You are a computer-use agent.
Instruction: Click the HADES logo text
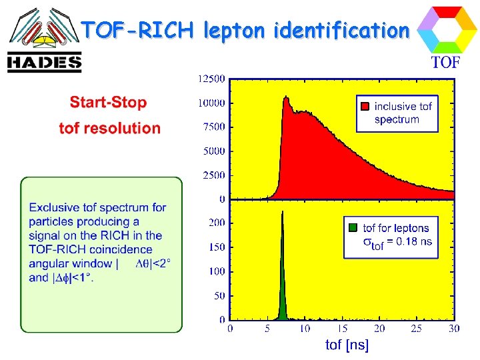coord(44,63)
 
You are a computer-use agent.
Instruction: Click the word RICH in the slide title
coord(165,30)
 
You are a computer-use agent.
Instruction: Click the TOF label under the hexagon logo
coord(445,63)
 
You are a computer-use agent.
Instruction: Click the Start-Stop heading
coord(108,103)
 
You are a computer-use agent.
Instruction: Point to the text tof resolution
coord(109,128)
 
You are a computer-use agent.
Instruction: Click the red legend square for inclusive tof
coord(365,107)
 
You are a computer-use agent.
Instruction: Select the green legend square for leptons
coord(353,228)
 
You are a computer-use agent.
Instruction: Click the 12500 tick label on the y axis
coord(211,79)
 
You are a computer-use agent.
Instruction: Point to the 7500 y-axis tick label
coord(214,127)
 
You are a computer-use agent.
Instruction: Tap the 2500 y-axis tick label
coord(214,175)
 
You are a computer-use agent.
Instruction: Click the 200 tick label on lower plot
coord(217,223)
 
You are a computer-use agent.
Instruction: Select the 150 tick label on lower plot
coord(217,247)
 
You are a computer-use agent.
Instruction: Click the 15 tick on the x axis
coord(342,329)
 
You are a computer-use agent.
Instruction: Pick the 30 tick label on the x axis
coord(454,329)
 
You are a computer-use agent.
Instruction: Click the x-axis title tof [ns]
coord(347,345)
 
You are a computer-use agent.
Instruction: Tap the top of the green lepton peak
coord(283,213)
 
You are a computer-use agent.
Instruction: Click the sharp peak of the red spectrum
coord(286,98)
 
